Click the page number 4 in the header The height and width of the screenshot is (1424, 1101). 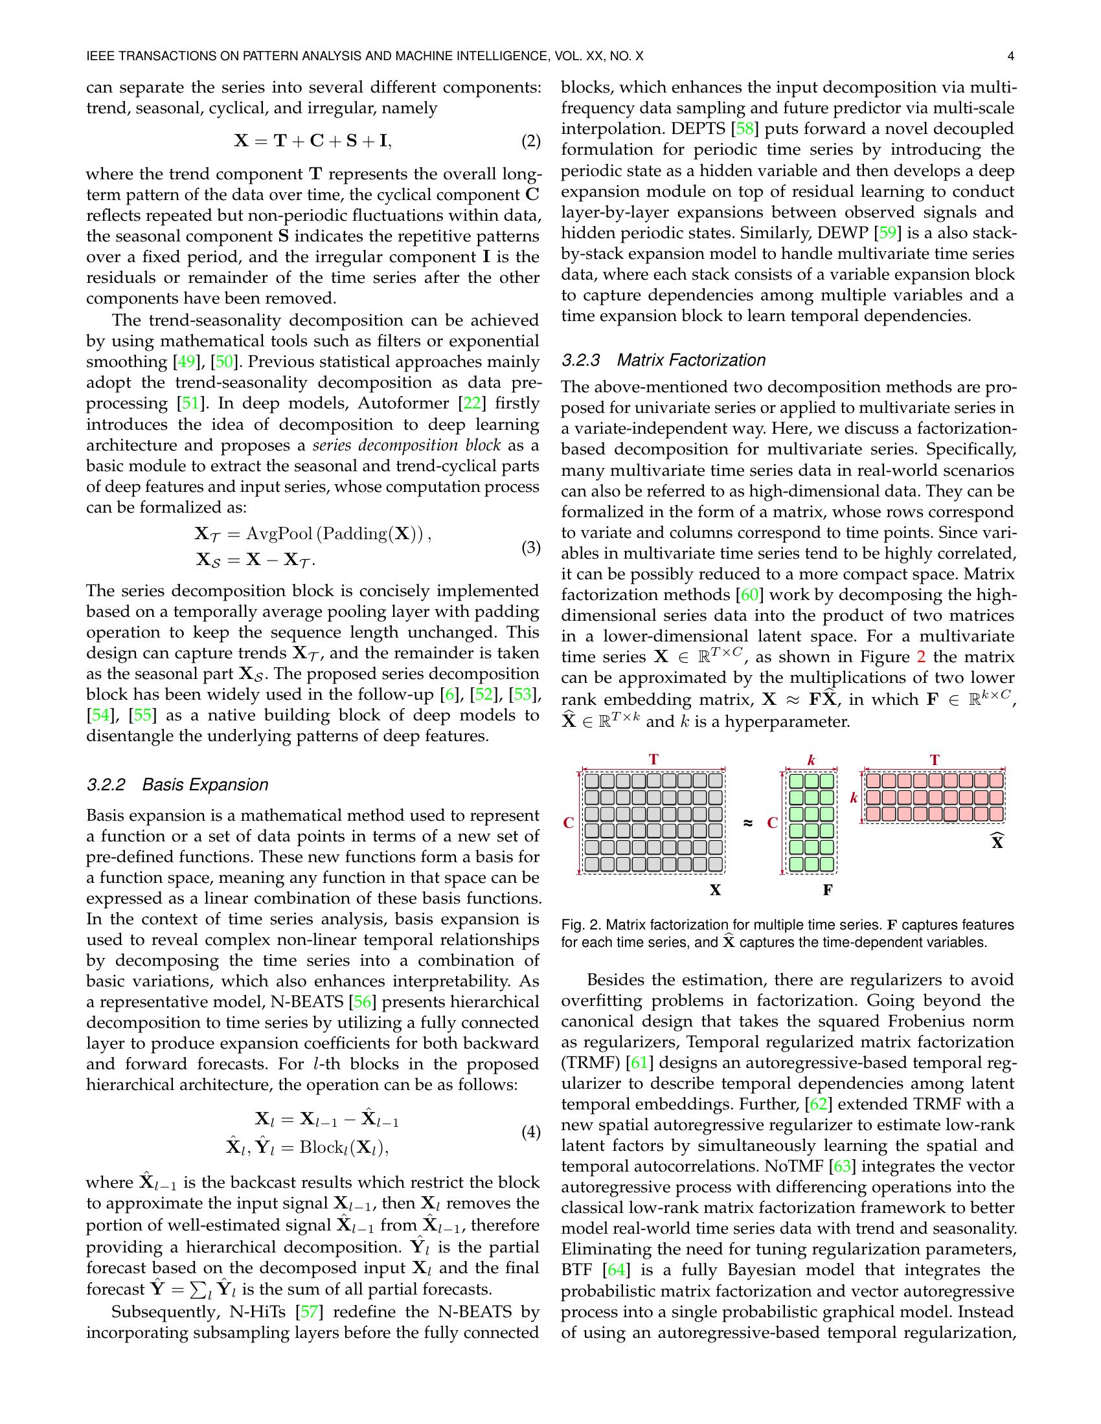1010,57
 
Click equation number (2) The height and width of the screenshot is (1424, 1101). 531,141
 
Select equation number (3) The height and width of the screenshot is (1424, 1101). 531,547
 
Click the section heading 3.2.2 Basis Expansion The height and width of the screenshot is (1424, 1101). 177,784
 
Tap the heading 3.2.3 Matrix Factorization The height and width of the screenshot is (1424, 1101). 663,360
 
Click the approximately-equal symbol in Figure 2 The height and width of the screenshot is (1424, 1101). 748,823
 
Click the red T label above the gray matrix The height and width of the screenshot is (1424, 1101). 653,760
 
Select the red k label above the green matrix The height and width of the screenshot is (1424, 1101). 812,761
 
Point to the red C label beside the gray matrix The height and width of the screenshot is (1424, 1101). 568,823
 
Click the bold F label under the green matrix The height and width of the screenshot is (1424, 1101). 827,890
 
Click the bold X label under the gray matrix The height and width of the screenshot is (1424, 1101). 715,890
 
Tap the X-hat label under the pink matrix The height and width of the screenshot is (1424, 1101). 997,841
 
